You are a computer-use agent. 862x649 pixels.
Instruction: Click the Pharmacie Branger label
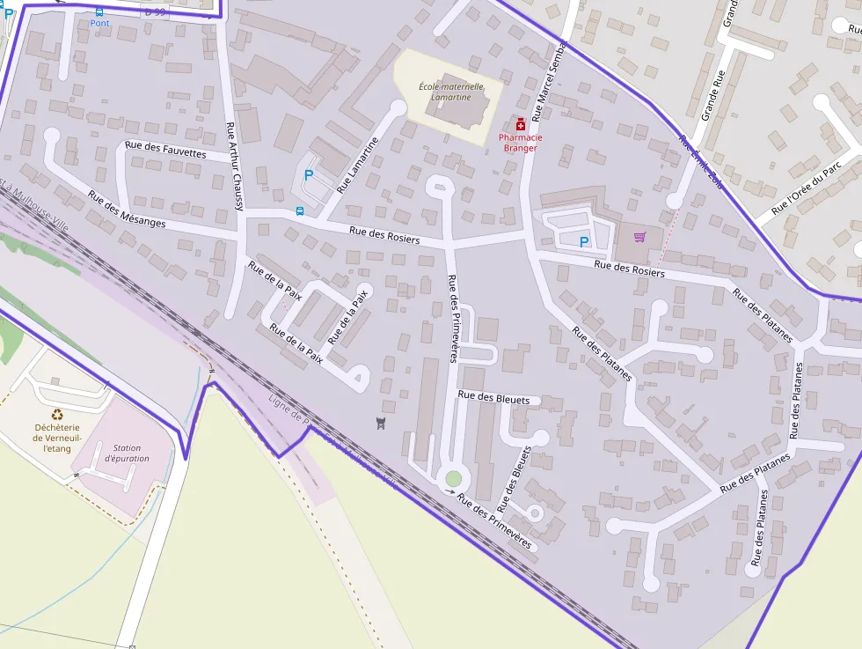click(521, 143)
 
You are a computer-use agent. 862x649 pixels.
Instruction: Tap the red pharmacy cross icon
click(521, 124)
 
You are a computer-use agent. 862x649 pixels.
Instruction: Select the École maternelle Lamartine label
click(451, 92)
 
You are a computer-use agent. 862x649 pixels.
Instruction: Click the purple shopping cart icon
click(639, 237)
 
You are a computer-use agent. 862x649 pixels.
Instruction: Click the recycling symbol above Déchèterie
click(58, 414)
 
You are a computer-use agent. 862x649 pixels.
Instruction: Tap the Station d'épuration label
click(127, 453)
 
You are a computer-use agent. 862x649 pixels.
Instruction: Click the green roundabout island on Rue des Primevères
click(453, 478)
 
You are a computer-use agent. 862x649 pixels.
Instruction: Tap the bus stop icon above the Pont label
click(99, 11)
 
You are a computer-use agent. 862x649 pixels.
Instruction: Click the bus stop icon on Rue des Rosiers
click(301, 211)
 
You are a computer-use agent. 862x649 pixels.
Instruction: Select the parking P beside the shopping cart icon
click(583, 241)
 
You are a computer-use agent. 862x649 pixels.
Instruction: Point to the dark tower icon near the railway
click(380, 424)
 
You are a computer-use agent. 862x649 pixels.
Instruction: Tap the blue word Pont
click(99, 23)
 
